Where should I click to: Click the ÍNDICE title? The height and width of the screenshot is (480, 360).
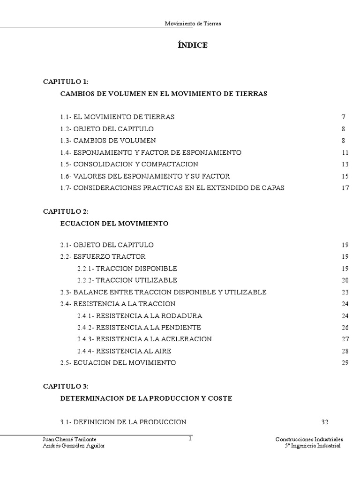pyautogui.click(x=192, y=45)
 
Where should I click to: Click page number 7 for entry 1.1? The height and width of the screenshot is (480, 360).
pyautogui.click(x=344, y=117)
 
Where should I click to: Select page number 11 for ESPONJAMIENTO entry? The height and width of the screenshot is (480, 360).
pyautogui.click(x=345, y=152)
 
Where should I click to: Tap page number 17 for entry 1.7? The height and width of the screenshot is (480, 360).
pyautogui.click(x=345, y=188)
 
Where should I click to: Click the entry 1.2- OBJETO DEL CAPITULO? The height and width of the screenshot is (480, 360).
pyautogui.click(x=107, y=129)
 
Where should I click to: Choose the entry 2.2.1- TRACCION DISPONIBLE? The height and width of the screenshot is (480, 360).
pyautogui.click(x=127, y=269)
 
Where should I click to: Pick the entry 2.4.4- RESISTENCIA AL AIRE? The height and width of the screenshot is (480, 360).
pyautogui.click(x=124, y=351)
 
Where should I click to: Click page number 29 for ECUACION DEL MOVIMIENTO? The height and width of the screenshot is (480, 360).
pyautogui.click(x=345, y=363)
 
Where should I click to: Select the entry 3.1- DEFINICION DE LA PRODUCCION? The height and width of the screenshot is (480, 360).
pyautogui.click(x=123, y=421)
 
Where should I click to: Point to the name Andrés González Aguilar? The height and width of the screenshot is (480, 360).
pyautogui.click(x=74, y=446)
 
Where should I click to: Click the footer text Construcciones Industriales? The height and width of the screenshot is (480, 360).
pyautogui.click(x=309, y=440)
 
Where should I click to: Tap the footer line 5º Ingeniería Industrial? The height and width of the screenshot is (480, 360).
pyautogui.click(x=313, y=446)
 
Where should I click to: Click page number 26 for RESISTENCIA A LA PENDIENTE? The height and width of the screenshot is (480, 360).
pyautogui.click(x=345, y=327)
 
